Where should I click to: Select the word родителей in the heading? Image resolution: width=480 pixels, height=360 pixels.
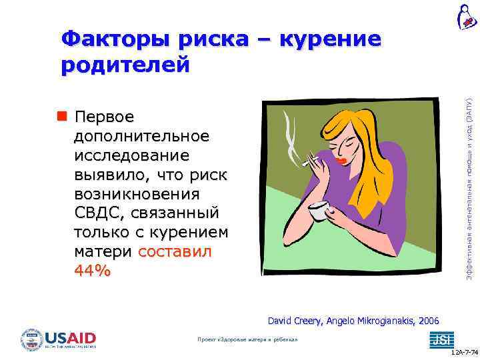click(x=126, y=65)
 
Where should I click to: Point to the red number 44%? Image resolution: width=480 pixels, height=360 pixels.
click(x=93, y=271)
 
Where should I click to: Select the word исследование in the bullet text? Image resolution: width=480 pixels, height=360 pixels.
click(x=132, y=155)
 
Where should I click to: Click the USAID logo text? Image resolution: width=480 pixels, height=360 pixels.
click(x=70, y=337)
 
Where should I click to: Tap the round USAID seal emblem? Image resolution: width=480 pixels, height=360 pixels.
click(x=31, y=340)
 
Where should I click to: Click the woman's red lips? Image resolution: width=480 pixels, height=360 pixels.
click(x=342, y=161)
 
